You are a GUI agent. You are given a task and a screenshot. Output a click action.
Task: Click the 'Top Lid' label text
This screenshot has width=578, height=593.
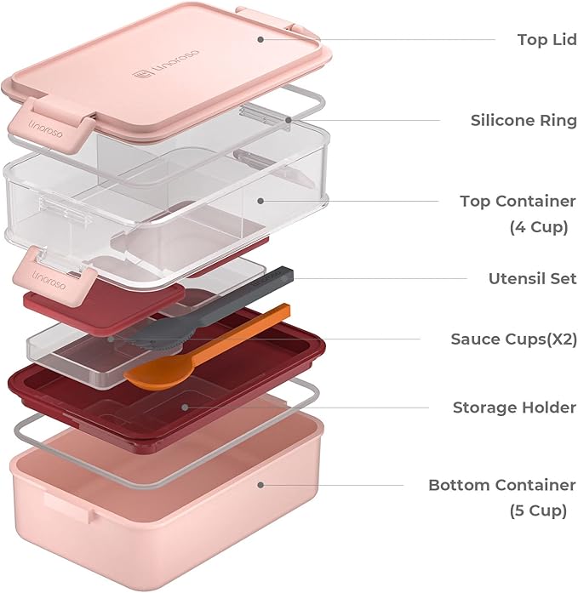[546, 40]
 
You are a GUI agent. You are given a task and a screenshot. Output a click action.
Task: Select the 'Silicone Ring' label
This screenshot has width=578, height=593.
[523, 121]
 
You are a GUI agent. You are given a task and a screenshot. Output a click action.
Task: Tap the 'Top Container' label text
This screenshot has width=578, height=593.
[518, 202]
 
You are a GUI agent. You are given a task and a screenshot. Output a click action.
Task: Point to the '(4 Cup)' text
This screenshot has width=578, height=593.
[538, 227]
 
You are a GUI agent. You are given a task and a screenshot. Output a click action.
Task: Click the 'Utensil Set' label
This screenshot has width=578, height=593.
[532, 278]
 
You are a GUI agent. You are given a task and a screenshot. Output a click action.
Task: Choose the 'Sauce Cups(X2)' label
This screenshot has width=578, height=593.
[513, 339]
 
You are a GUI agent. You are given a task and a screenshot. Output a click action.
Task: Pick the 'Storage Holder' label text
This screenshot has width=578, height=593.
[514, 408]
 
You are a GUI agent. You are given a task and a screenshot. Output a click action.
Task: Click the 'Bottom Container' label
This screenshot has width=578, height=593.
[501, 485]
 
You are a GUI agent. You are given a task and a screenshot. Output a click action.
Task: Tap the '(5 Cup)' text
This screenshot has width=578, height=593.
[538, 510]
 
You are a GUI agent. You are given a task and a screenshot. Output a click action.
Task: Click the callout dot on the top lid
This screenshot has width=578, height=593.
[260, 38]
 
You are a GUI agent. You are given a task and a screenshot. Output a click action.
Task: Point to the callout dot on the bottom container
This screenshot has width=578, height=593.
[260, 485]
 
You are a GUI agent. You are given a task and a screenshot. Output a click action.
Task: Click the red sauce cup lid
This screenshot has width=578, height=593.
[102, 302]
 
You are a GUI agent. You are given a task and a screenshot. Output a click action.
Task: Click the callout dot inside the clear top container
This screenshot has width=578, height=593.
[260, 202]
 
